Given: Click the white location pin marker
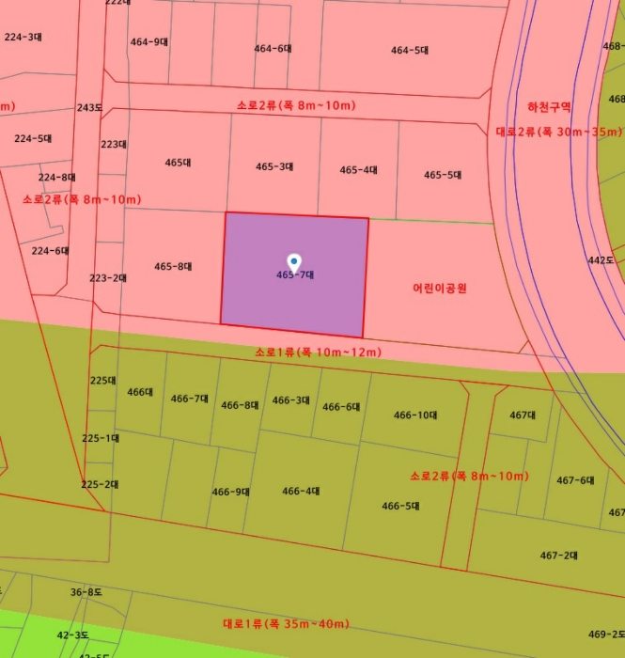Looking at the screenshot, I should (x=294, y=260).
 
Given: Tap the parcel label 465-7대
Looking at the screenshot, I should (x=294, y=275).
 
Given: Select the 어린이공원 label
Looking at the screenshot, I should (x=440, y=288).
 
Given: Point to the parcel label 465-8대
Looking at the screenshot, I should (x=173, y=267).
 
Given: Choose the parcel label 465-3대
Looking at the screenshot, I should (x=274, y=166).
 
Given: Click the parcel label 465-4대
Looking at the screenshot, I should (x=358, y=170).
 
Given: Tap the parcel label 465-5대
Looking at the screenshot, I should (x=443, y=175).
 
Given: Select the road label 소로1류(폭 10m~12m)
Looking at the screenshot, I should (x=318, y=352).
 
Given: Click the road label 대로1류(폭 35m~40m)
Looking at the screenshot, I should (x=286, y=623).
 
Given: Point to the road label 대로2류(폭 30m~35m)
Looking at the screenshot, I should (x=558, y=132).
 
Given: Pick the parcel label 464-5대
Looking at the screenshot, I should (x=410, y=50).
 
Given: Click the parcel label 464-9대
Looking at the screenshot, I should (x=148, y=41).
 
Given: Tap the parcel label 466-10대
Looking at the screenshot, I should (x=415, y=415).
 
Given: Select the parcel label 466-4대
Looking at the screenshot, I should (x=301, y=491).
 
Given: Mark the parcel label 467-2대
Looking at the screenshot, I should (x=558, y=555).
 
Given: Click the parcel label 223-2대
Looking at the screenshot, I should (x=108, y=278).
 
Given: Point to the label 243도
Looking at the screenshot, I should (x=89, y=108).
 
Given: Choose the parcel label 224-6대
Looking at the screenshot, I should (x=51, y=251).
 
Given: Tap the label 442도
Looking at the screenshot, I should (x=601, y=259).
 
